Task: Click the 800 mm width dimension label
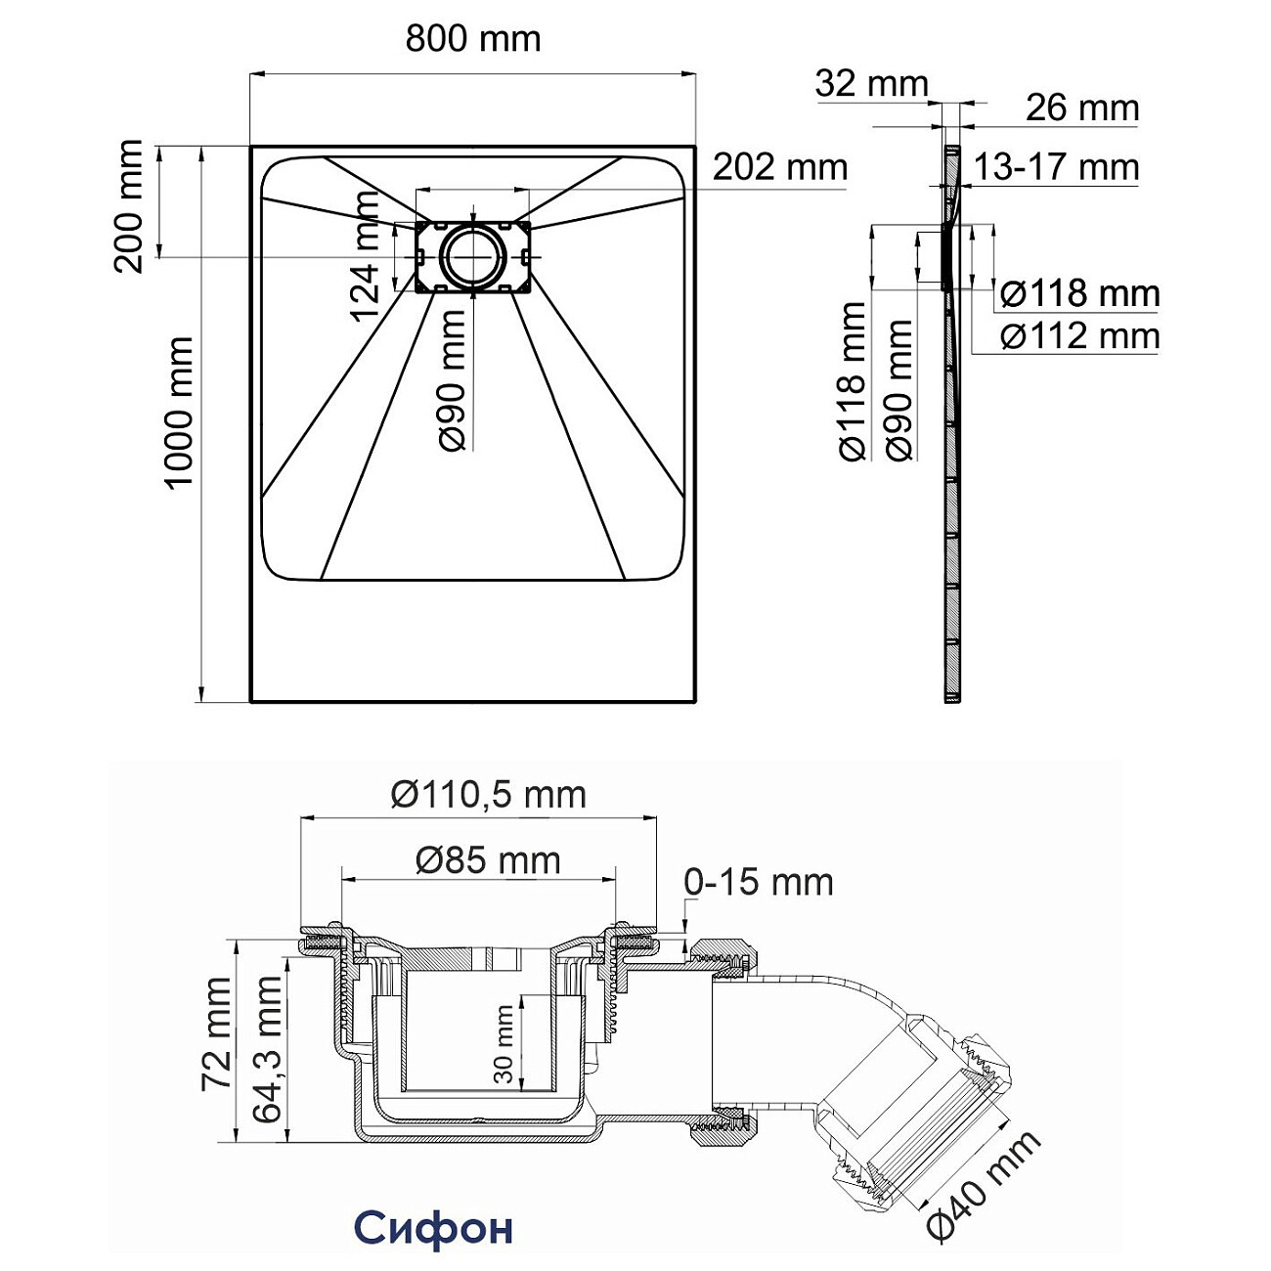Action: [472, 39]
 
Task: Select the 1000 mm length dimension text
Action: [179, 413]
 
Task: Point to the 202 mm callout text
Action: [779, 167]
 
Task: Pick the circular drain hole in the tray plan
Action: [472, 255]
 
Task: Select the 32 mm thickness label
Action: [871, 83]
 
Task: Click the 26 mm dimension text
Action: [1082, 108]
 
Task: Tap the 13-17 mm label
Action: [1056, 167]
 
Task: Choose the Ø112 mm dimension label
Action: [1079, 336]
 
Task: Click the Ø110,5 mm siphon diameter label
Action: [488, 795]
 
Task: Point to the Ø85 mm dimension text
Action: [488, 860]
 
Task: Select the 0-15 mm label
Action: [758, 882]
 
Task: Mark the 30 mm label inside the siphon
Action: [504, 1043]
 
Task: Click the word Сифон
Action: [432, 1228]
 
